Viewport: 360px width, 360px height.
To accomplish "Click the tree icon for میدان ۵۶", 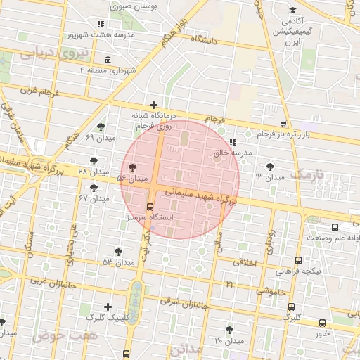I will [x=133, y=167].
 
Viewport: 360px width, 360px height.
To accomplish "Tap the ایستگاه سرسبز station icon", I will [x=149, y=207].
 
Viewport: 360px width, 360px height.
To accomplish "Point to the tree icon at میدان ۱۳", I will [x=271, y=166].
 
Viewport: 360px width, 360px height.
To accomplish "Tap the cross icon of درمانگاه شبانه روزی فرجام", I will [x=153, y=105].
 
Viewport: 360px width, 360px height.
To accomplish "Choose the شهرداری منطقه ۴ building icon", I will [x=107, y=60].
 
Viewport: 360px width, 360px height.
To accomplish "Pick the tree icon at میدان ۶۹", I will [x=102, y=127].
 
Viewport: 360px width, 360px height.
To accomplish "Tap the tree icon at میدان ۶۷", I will [x=94, y=188].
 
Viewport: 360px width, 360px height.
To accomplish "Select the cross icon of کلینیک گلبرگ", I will [x=107, y=307].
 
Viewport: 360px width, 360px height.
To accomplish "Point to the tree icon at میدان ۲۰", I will [x=229, y=329].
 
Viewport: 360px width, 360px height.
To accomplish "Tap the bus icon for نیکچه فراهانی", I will [x=299, y=260].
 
